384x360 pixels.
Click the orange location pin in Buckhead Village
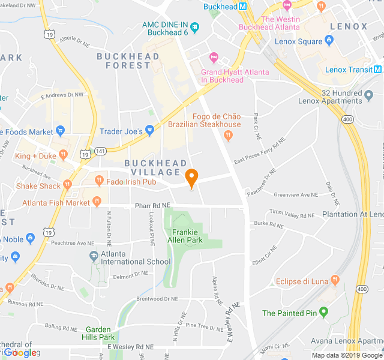(x=191, y=178)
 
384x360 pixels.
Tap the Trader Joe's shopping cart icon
(x=150, y=130)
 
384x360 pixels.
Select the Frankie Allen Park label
(x=187, y=236)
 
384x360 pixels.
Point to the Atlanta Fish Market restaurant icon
(x=96, y=203)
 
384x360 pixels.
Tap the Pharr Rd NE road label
(x=152, y=205)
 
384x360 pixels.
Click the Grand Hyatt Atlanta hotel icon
(x=213, y=58)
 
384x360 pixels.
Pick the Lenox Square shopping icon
(x=328, y=41)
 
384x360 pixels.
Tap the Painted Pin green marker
(x=324, y=312)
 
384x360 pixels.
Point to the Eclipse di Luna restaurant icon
(x=335, y=280)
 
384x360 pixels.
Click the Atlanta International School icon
(x=94, y=256)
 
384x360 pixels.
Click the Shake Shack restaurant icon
(x=68, y=185)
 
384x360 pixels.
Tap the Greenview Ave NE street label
(x=295, y=194)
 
